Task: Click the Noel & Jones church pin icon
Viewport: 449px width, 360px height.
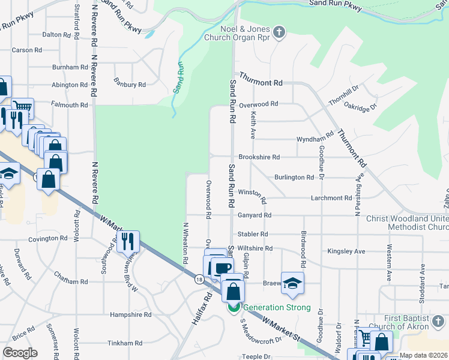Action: coord(279,32)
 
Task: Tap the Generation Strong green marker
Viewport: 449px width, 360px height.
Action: coord(234,307)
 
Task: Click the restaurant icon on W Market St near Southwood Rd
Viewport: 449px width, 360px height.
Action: coord(128,241)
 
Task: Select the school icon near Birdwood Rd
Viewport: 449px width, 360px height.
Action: coord(292,283)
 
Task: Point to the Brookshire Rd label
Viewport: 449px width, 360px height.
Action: coord(259,157)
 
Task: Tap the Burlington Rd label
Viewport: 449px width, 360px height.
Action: coord(294,178)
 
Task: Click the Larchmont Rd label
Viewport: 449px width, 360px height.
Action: coord(331,198)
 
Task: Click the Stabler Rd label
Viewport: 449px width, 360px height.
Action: coord(252,234)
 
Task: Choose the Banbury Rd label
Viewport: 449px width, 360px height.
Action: coord(130,85)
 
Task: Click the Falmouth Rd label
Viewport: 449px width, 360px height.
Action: coord(70,105)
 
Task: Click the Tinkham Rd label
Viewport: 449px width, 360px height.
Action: coord(125,343)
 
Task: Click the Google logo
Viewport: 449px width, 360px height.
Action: coord(20,353)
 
